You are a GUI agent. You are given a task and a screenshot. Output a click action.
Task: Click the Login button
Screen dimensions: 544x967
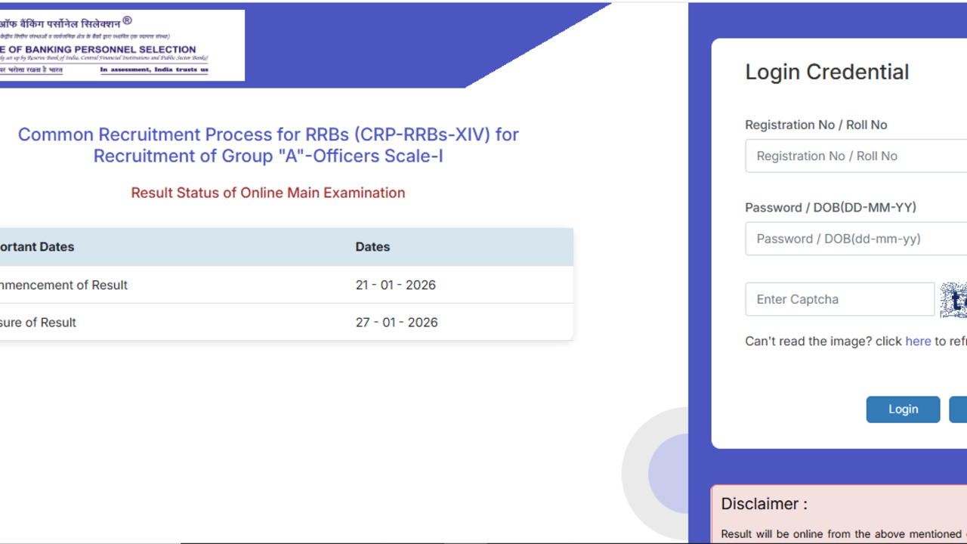pos(903,409)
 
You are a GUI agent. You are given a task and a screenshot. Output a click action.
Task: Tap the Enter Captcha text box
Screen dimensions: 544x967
pos(839,299)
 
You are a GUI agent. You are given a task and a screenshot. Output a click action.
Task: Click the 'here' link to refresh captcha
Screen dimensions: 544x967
pos(918,341)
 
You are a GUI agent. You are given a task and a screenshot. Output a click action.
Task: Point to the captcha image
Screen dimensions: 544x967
pos(953,300)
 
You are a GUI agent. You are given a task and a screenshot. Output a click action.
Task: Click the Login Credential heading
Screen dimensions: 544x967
pos(826,72)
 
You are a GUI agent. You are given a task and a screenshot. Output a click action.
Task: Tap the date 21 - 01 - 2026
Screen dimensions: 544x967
pos(395,285)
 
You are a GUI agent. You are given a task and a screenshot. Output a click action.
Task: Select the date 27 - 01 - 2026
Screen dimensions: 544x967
pos(397,322)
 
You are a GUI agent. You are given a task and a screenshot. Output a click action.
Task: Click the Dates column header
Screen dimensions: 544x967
pos(372,246)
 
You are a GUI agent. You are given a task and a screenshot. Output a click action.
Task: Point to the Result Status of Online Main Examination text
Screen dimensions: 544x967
pos(268,193)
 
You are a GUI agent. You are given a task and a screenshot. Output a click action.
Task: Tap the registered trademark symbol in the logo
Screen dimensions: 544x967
pos(127,21)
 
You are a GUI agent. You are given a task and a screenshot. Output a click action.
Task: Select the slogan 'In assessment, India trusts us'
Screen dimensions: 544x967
pos(154,70)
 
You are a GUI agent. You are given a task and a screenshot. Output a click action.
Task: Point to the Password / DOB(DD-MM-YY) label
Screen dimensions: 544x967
pos(830,207)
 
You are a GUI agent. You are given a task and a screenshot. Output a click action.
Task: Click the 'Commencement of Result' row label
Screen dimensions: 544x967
pos(64,285)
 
